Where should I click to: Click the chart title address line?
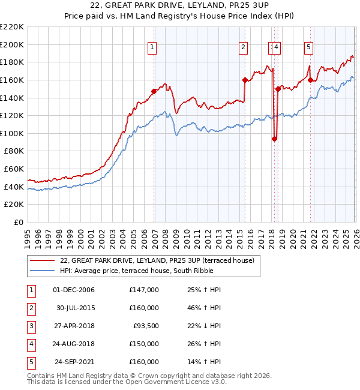click(x=179, y=6)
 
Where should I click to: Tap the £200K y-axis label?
click(x=12, y=44)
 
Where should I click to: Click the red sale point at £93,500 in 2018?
click(x=274, y=139)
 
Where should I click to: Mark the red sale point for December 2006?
click(x=154, y=91)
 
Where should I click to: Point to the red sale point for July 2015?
click(x=245, y=80)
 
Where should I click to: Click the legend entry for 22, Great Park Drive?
click(x=157, y=260)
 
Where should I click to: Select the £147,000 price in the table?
click(x=144, y=290)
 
